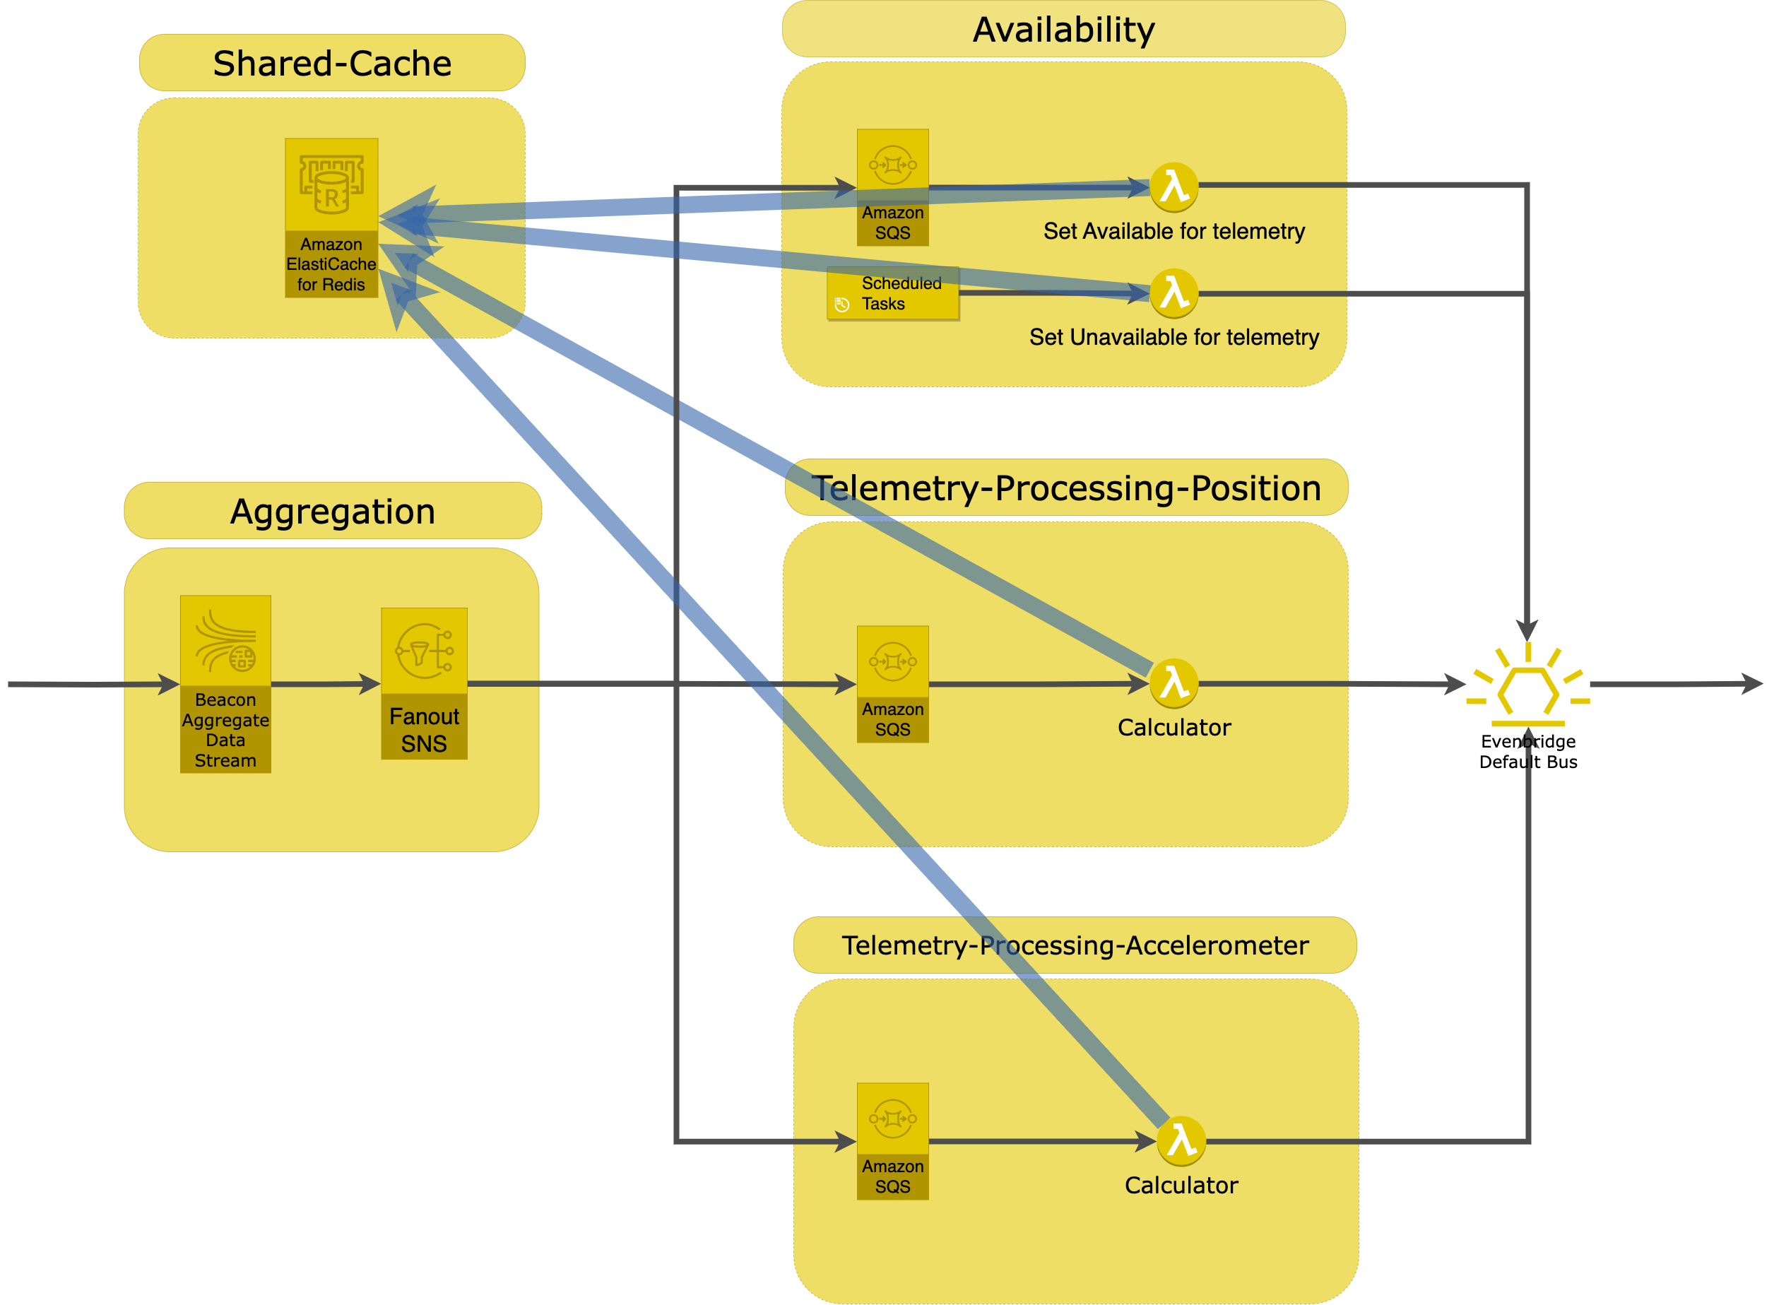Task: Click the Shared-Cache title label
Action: tap(332, 63)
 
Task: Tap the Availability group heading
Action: tap(1063, 30)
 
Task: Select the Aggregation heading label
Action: tap(333, 511)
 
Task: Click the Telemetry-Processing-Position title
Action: tap(1066, 488)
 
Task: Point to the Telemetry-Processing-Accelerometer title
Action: tap(1074, 945)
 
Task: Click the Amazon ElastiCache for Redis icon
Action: tap(331, 185)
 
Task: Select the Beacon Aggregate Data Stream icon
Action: tap(225, 642)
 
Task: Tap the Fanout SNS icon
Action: tap(424, 651)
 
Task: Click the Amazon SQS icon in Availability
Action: tap(892, 165)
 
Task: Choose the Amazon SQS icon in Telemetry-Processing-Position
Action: tap(892, 661)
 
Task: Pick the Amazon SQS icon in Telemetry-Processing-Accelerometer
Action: tap(892, 1118)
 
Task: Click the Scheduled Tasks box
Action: tap(892, 294)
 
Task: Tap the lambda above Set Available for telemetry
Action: tap(1173, 188)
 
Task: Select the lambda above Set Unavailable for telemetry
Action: tap(1173, 294)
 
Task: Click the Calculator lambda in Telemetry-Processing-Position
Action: tap(1173, 683)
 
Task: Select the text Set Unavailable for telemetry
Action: tap(1173, 337)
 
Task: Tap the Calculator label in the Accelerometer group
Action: tap(1181, 1185)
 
